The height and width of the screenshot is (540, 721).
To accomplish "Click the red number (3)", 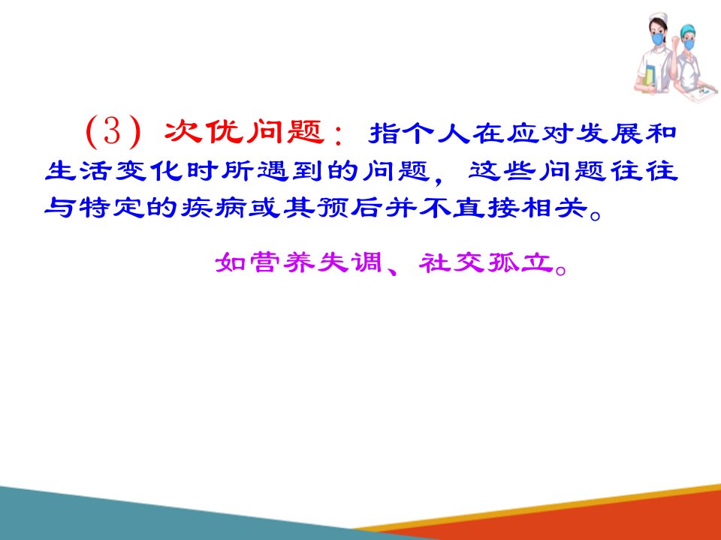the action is tap(113, 132).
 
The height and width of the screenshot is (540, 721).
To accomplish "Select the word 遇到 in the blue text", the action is tap(291, 171).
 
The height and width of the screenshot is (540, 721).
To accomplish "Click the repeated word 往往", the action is tap(644, 171).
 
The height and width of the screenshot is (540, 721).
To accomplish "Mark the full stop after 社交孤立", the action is tap(561, 269).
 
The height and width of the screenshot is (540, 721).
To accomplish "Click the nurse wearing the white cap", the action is tap(656, 54).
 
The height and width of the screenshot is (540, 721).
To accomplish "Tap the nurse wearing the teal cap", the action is tap(691, 61).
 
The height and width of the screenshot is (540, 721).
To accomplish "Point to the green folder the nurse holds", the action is tap(650, 76).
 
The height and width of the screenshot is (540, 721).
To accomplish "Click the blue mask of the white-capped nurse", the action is tap(658, 38).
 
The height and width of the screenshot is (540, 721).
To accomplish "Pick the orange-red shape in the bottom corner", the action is tap(575, 519).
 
